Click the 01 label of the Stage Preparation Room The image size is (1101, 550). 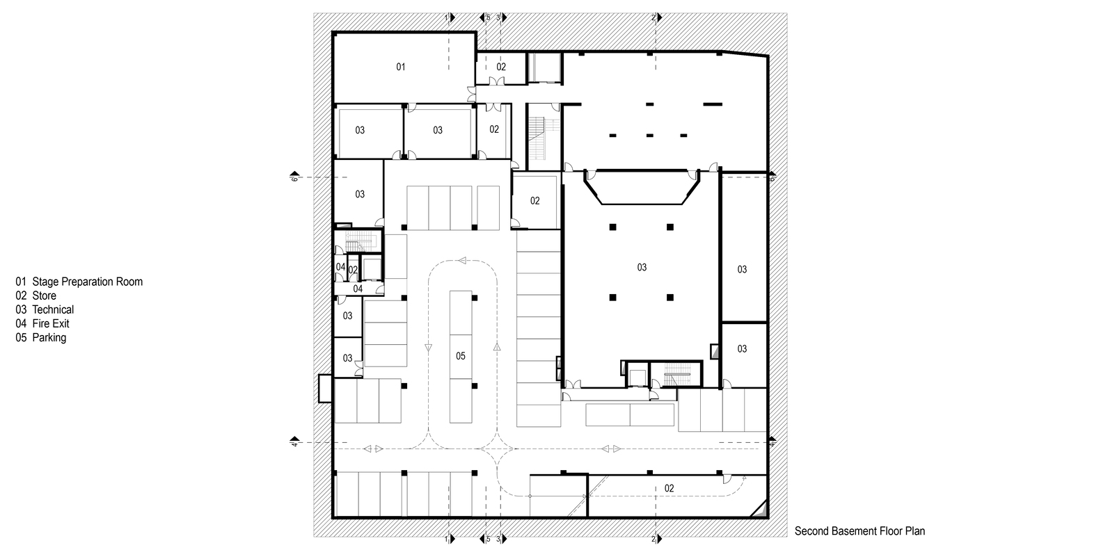(401, 67)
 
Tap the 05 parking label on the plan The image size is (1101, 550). (461, 356)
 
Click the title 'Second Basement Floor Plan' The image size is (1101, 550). (860, 531)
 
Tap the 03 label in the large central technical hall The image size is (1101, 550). (642, 268)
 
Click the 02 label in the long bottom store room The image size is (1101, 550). (669, 489)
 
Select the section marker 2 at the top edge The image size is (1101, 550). (657, 17)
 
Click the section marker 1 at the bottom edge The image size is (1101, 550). (450, 539)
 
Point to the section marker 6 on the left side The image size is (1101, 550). (294, 177)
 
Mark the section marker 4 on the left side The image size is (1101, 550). (294, 442)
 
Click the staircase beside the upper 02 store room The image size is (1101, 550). (544, 137)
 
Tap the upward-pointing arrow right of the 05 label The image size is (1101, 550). (497, 347)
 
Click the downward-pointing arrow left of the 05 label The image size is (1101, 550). (428, 348)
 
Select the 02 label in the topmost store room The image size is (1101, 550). (501, 67)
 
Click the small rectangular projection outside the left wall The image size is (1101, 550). (326, 389)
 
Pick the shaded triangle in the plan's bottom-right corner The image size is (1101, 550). (761, 510)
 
